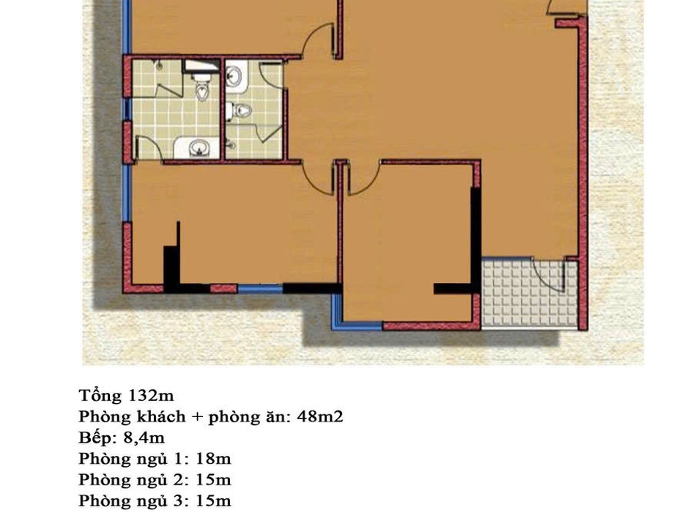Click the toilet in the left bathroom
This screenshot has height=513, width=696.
pos(202,85)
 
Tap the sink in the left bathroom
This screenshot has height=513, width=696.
pos(196,147)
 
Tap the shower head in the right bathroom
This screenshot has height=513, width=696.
pos(230,143)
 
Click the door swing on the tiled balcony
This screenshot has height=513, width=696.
pos(549,276)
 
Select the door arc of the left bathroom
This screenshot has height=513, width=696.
pos(149,147)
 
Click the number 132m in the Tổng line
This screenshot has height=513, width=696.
pos(150,395)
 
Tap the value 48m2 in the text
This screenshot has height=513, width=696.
pos(320,416)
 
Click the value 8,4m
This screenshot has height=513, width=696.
pos(144,438)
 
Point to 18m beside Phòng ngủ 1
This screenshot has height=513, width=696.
pos(213,459)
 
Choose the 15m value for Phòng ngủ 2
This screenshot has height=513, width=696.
pos(213,480)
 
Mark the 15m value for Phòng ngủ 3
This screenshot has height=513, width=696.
pos(213,501)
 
